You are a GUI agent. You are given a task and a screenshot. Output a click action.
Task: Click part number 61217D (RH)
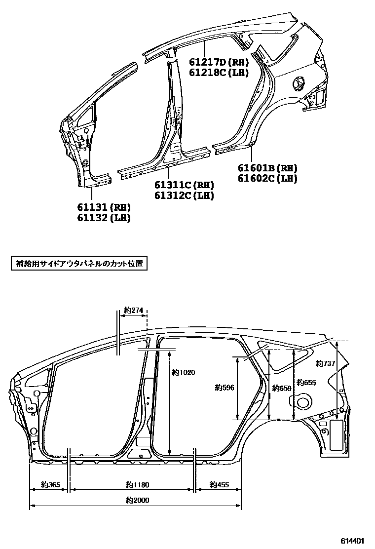[219, 62]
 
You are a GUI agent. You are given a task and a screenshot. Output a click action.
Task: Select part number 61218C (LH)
[219, 73]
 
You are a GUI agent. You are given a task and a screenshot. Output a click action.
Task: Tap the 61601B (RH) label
[267, 168]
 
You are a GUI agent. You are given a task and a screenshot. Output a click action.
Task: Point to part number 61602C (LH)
[267, 179]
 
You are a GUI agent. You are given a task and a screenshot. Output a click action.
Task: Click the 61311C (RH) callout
[185, 185]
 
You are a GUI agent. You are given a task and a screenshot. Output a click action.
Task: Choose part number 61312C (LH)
[185, 196]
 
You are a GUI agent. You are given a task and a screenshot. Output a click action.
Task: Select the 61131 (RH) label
[104, 207]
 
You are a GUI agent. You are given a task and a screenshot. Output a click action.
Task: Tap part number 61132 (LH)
[104, 218]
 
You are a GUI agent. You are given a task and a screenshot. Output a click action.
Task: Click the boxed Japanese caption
[79, 264]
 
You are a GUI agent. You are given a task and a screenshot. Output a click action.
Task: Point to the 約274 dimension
[134, 310]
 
